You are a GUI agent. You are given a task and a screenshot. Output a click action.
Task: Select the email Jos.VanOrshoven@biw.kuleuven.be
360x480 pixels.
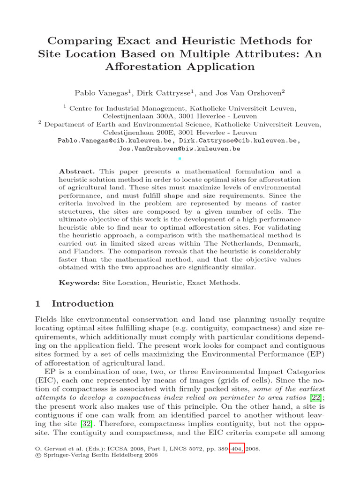click(x=180, y=149)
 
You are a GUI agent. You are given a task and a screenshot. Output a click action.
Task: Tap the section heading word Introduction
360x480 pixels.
click(x=82, y=303)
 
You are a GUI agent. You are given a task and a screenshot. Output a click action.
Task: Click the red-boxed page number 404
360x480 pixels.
click(x=237, y=449)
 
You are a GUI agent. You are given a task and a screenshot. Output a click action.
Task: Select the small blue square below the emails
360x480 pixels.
click(x=180, y=158)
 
